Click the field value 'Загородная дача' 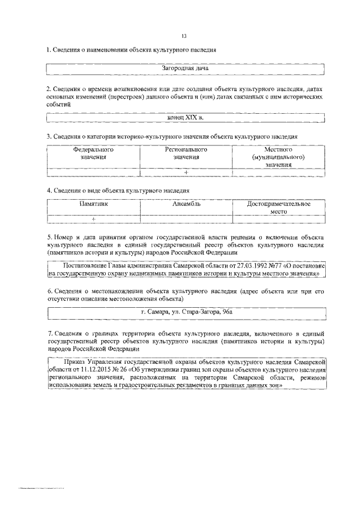(186, 68)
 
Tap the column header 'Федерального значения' (93, 153)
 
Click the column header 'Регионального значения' (186, 153)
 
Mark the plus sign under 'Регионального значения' (186, 172)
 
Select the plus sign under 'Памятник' (93, 219)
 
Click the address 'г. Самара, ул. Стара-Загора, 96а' (186, 312)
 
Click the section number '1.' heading (49, 50)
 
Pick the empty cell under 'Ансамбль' (186, 219)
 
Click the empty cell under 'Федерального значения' (93, 172)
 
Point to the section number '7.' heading (49, 334)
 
